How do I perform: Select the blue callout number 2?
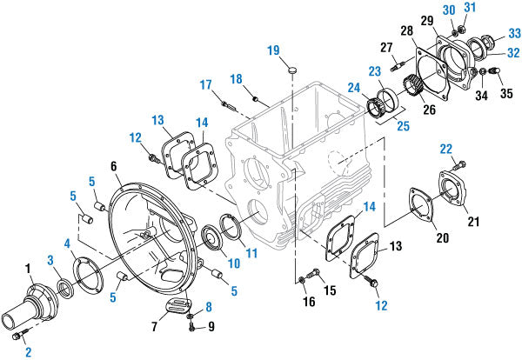pos(28,351)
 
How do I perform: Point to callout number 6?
pos(114,165)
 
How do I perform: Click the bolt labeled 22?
pos(460,164)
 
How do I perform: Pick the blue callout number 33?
pos(514,33)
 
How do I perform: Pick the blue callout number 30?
pos(448,9)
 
